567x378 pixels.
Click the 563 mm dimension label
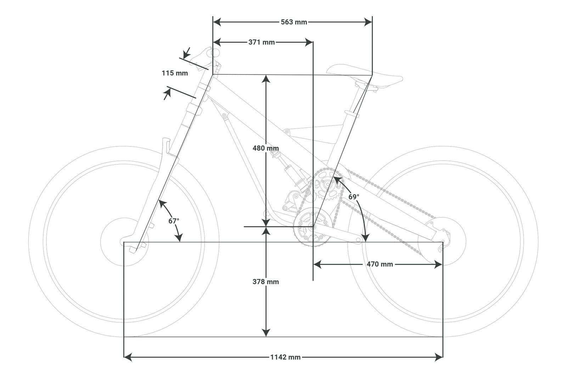click(294, 22)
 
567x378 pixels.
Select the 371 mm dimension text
click(262, 42)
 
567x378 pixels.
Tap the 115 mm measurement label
click(175, 73)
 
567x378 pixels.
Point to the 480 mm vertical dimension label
click(266, 148)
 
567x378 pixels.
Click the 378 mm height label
click(266, 282)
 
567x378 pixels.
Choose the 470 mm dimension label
click(380, 264)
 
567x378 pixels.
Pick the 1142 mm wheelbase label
click(285, 357)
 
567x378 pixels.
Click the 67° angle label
click(174, 221)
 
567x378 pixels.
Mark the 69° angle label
click(354, 196)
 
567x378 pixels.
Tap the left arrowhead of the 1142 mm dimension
click(128, 357)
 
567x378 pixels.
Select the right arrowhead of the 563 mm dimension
click(368, 22)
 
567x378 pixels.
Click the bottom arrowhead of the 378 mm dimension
click(266, 333)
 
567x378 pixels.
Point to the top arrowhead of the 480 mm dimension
click(266, 79)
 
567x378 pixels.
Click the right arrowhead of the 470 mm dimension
click(438, 264)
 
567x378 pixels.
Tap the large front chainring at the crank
click(313, 227)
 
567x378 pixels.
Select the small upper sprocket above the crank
click(327, 184)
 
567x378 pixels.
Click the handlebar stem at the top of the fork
click(204, 57)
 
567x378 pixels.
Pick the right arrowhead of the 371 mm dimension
click(309, 42)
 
